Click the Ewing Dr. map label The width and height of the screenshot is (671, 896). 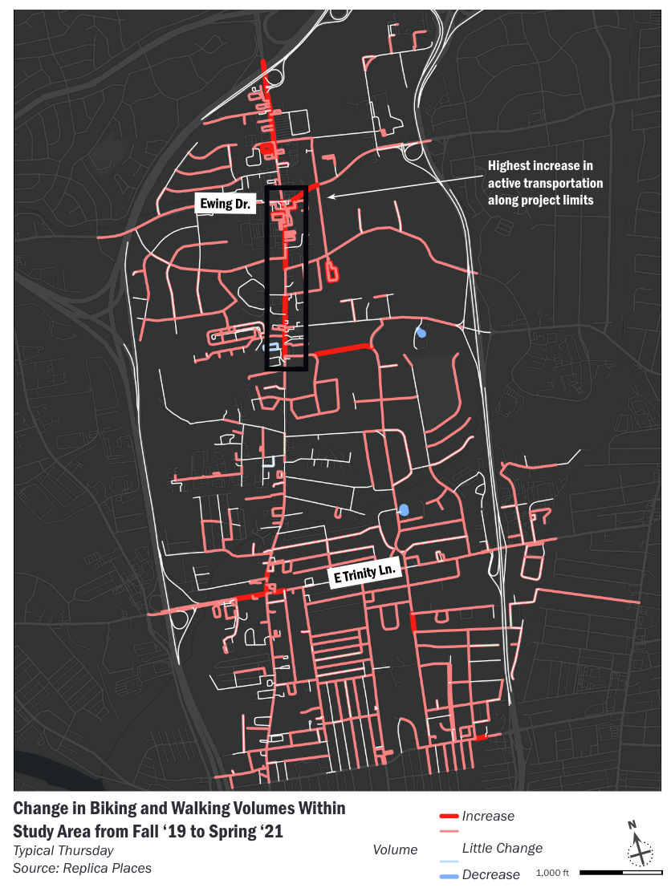coord(226,204)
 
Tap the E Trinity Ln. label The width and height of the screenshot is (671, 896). coord(365,577)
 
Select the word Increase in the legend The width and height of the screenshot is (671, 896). coord(488,817)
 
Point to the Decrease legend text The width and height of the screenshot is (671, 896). coord(491,874)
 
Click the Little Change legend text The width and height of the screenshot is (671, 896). coord(502,848)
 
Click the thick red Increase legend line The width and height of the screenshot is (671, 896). coord(449,817)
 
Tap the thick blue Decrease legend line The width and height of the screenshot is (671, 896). coord(449,874)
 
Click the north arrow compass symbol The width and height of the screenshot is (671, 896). coord(640,846)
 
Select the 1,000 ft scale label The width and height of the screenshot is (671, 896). coord(552,873)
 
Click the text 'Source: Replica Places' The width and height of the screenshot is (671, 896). coord(82,868)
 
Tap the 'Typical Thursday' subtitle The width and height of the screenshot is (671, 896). coord(63,850)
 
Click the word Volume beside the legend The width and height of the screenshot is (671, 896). coord(396,849)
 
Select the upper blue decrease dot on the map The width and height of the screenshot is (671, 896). coord(421,333)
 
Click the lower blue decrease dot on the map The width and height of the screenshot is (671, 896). coord(404,509)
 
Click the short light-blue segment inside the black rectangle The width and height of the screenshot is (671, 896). coord(273,347)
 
